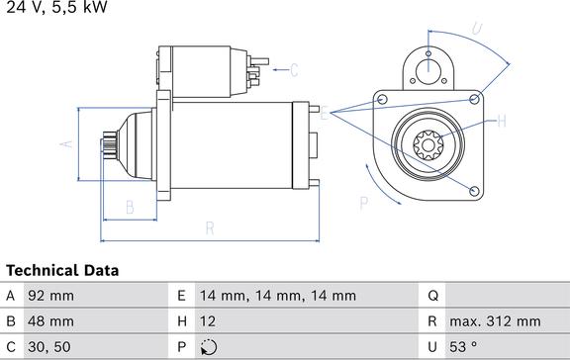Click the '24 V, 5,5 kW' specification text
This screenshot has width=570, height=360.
click(x=56, y=7)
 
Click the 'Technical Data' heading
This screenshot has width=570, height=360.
click(x=62, y=271)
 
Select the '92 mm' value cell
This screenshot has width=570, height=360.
click(x=50, y=296)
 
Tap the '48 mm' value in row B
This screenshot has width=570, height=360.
click(x=50, y=321)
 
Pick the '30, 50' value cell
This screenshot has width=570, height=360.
click(x=49, y=347)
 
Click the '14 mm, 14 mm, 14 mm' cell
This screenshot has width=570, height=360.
click(x=278, y=296)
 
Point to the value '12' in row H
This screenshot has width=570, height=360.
click(x=207, y=321)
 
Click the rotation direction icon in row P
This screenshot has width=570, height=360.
click(x=208, y=347)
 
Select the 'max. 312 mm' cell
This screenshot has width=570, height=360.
click(x=495, y=321)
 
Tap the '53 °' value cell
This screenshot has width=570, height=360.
click(x=463, y=347)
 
